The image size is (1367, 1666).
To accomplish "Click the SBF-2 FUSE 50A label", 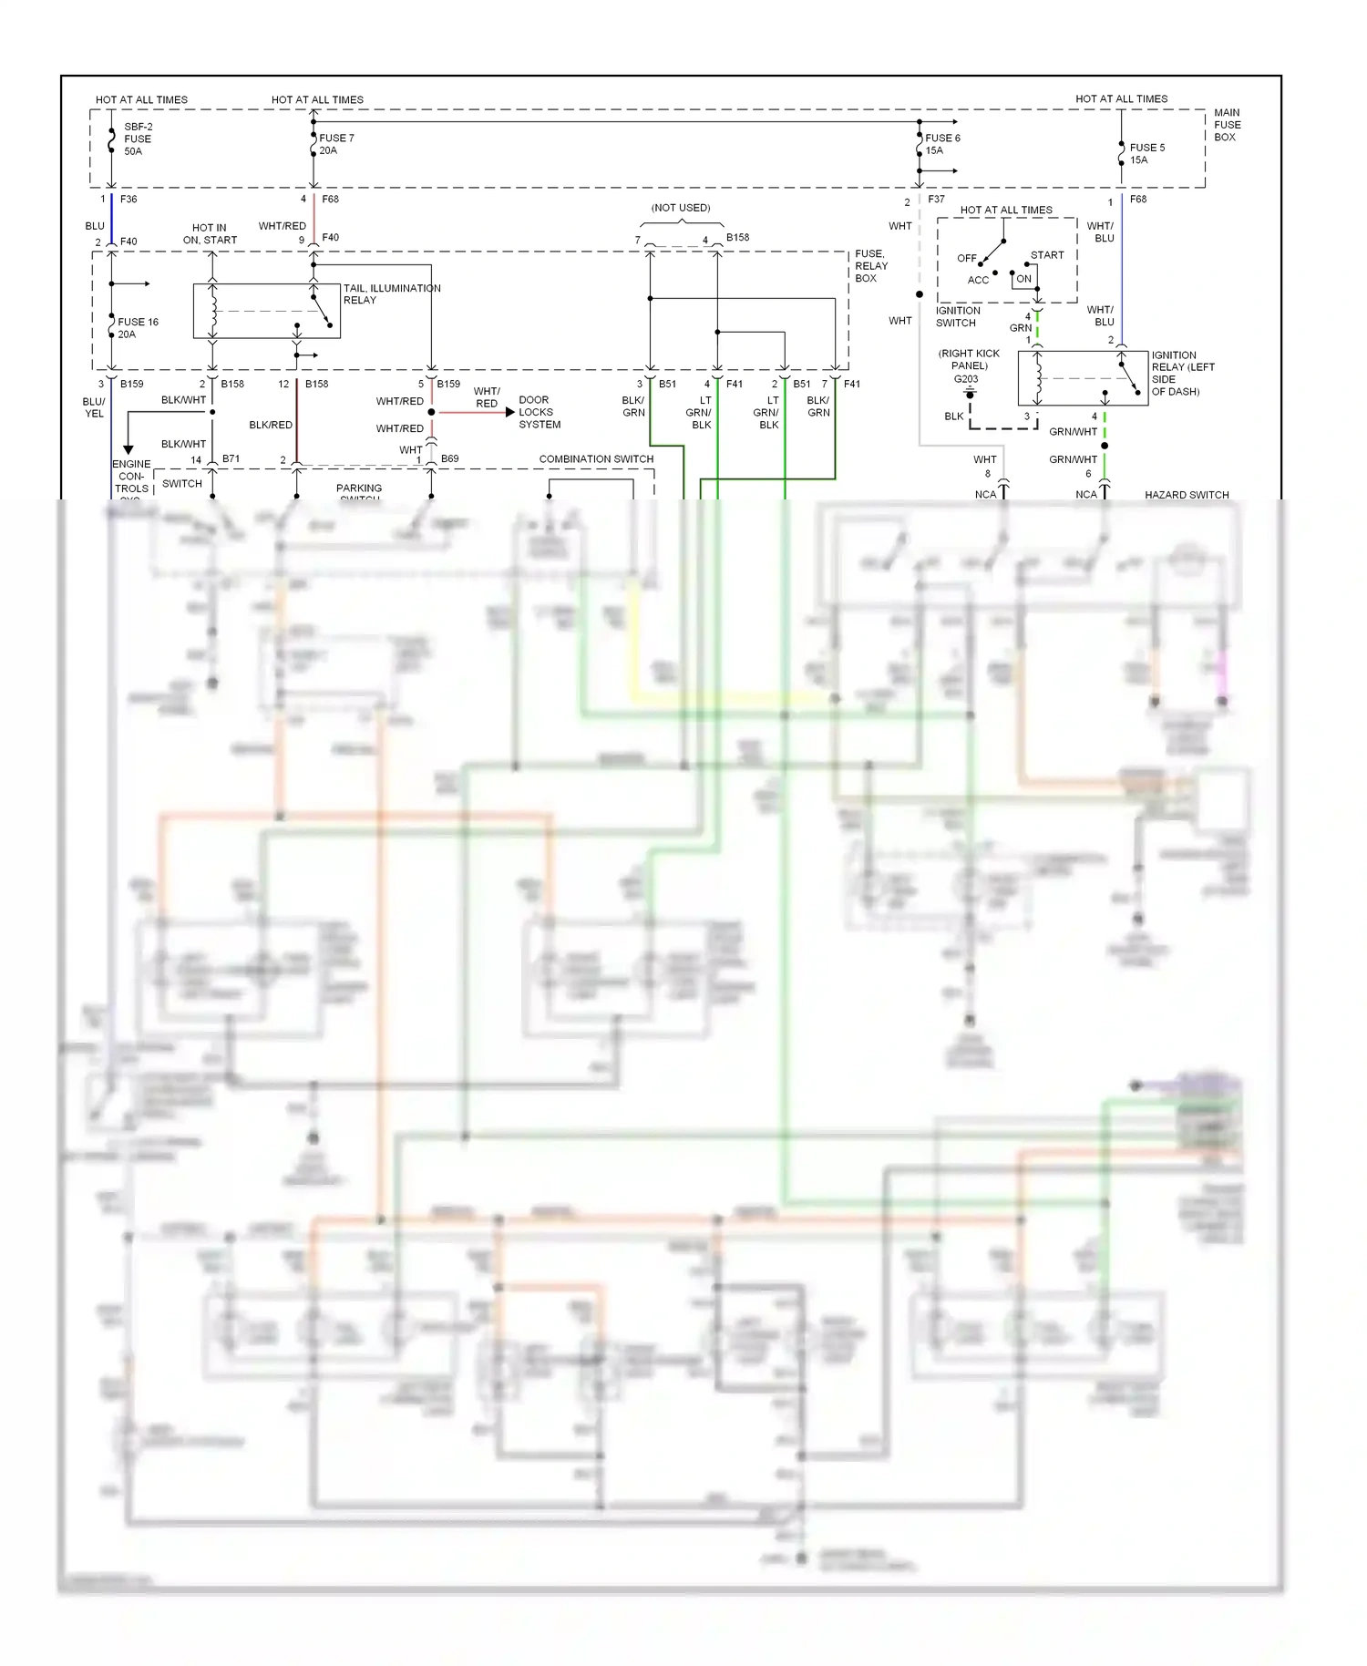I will point(138,139).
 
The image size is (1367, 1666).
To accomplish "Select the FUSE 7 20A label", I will point(335,144).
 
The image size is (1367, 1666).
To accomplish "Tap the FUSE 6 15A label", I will point(941,144).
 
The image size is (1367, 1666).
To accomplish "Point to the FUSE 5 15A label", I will point(1146,153).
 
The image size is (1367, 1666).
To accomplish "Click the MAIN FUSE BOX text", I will point(1227,125).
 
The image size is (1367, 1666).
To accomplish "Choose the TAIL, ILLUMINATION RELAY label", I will point(391,293).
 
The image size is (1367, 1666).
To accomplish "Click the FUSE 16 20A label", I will point(137,328).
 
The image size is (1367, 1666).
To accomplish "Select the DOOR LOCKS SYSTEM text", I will point(540,412).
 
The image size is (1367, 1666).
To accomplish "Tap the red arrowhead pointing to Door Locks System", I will point(509,412).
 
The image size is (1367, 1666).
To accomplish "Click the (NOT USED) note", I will point(681,208).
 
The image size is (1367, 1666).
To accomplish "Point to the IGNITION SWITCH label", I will point(957,316).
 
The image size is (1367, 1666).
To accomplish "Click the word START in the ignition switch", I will point(1047,255).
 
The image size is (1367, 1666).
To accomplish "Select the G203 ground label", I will point(966,379).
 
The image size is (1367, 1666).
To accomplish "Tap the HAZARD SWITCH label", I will point(1187,495).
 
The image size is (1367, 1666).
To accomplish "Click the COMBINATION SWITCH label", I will point(596,458).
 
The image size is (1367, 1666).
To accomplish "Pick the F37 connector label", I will point(936,199).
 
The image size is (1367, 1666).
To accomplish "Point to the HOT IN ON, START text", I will point(210,234).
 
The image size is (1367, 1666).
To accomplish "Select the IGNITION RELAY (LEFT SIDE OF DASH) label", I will point(1182,373).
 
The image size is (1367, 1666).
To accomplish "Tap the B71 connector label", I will point(231,458).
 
